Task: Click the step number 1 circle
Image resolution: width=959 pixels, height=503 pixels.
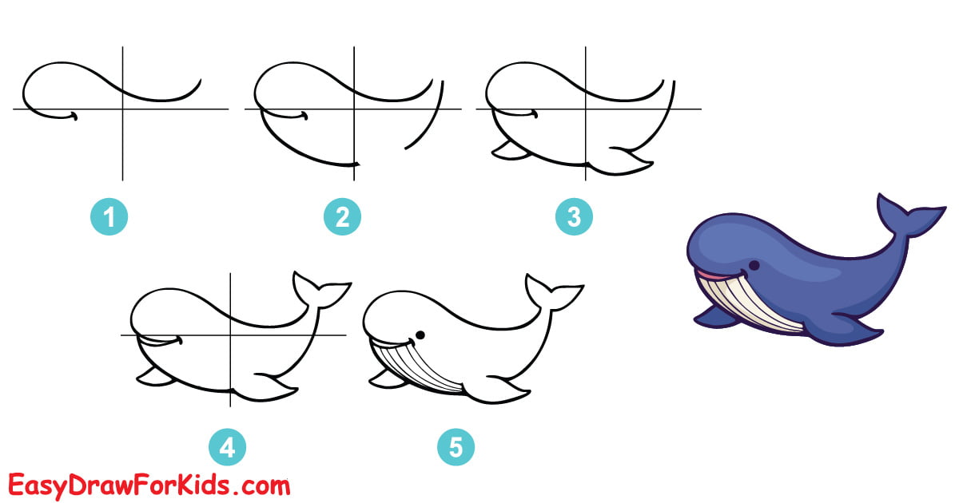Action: (111, 216)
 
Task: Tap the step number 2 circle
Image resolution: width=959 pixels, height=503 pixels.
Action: (343, 216)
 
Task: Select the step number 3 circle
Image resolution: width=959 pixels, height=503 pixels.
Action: (575, 216)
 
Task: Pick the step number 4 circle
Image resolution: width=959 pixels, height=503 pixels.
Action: (227, 448)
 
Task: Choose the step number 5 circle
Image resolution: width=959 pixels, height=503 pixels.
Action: (456, 448)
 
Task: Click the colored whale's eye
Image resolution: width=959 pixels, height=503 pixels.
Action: (754, 265)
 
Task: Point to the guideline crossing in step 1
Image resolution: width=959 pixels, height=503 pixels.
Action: (122, 109)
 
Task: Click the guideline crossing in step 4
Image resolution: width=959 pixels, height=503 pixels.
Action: (230, 335)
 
